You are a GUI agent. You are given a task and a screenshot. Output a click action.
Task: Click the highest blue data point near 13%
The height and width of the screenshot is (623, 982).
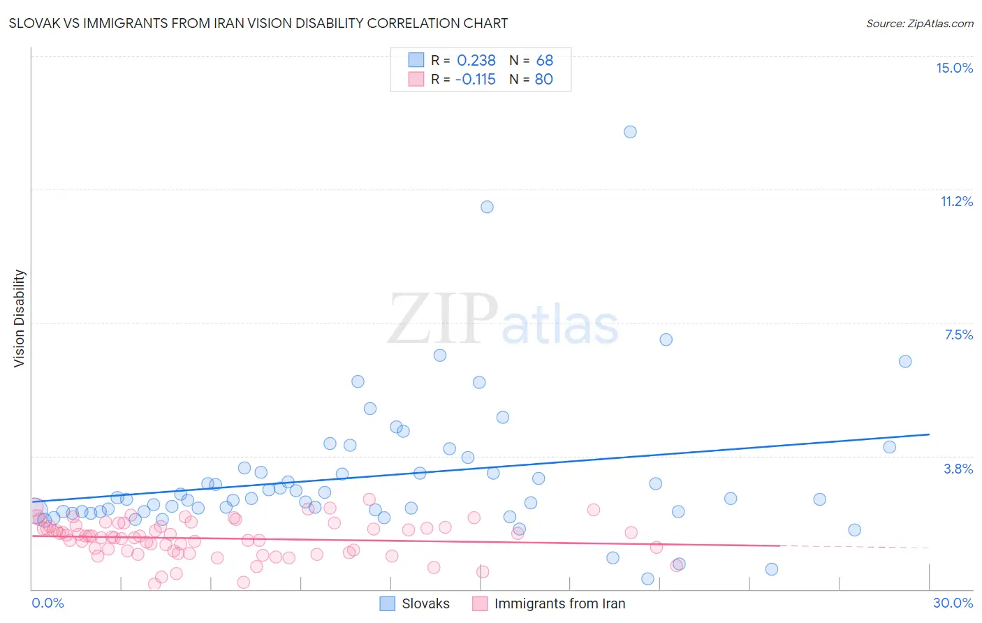630,132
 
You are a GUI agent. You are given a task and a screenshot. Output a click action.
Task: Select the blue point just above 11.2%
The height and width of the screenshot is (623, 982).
487,207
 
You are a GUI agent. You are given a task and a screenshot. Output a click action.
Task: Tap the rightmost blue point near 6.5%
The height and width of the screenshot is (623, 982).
905,361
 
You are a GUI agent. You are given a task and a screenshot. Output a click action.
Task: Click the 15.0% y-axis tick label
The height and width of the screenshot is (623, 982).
954,68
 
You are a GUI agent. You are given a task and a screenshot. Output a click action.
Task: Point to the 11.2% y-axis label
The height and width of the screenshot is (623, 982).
956,201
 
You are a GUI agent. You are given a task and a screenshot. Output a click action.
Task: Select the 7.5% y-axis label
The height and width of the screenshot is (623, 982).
958,335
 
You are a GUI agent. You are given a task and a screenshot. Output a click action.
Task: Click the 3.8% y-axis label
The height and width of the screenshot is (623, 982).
958,469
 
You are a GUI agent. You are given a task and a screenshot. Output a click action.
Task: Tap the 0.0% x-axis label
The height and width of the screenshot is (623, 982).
47,603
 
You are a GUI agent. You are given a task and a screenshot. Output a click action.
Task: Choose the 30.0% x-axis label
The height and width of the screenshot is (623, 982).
953,603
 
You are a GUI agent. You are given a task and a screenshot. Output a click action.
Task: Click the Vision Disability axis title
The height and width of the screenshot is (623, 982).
20,318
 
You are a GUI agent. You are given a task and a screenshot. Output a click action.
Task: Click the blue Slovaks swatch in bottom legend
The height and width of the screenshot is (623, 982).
388,603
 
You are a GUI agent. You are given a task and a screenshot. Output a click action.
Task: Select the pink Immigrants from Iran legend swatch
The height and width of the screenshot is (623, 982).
480,603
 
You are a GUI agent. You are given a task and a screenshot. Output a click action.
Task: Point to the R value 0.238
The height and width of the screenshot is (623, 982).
476,61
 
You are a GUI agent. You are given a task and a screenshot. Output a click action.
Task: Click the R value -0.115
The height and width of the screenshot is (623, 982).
475,80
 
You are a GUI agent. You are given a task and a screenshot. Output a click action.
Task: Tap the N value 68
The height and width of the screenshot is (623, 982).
544,61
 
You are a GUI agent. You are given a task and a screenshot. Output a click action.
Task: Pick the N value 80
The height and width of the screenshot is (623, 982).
543,80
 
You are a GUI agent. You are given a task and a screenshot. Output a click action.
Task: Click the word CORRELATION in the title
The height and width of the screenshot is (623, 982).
415,23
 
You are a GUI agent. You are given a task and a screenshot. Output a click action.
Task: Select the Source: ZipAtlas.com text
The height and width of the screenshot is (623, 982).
919,23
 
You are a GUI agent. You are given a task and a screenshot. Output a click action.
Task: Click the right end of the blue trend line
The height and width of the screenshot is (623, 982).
929,434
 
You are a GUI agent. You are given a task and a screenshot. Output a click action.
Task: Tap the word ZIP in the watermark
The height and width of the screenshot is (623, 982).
443,319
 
